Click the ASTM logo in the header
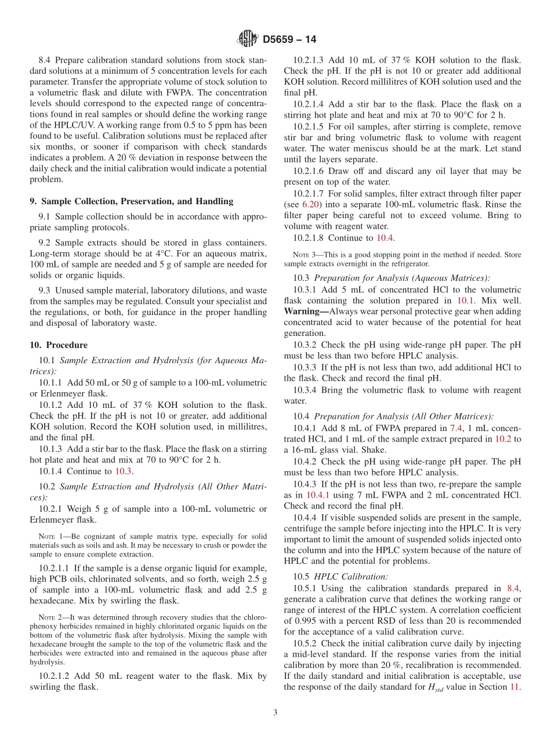248,39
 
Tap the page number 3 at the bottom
275,713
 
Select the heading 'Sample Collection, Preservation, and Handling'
137,201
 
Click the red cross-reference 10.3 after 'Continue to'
123,471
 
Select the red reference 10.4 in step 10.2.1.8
385,237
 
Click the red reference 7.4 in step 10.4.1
456,428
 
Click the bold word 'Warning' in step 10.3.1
305,311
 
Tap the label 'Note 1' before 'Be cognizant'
50,537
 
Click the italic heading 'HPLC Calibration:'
351,576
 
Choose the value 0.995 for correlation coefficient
304,621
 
